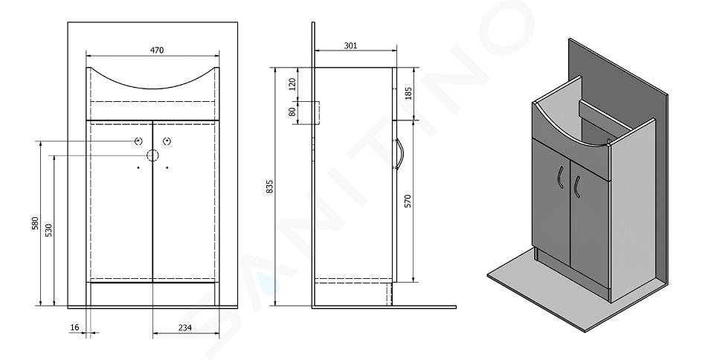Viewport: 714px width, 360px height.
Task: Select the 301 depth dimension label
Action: (350, 45)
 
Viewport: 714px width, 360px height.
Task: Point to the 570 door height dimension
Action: (408, 201)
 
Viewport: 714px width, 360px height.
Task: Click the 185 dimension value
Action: (408, 94)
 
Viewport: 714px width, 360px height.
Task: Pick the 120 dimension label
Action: (292, 84)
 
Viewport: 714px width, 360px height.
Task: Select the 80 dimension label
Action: (292, 112)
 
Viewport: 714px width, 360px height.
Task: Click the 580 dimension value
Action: (35, 225)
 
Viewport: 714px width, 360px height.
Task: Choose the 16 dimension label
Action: (74, 327)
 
